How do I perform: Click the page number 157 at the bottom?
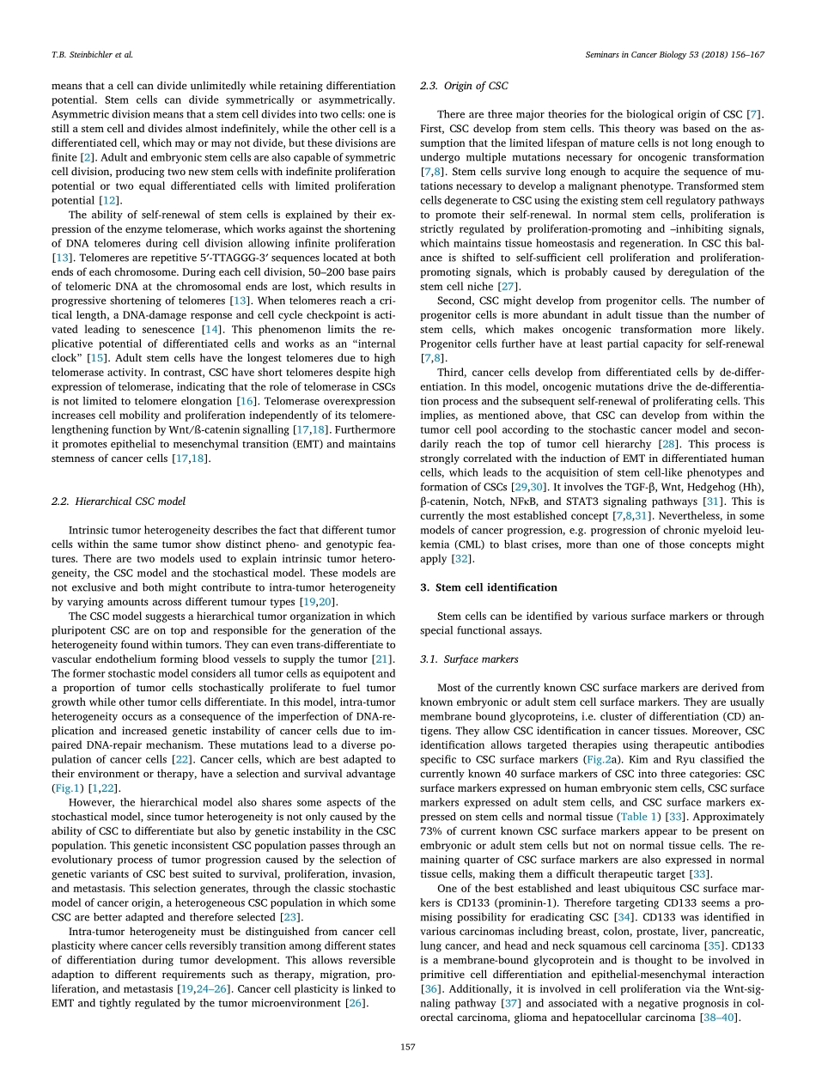pyautogui.click(x=408, y=1046)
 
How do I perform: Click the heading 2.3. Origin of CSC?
pyautogui.click(x=464, y=86)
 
